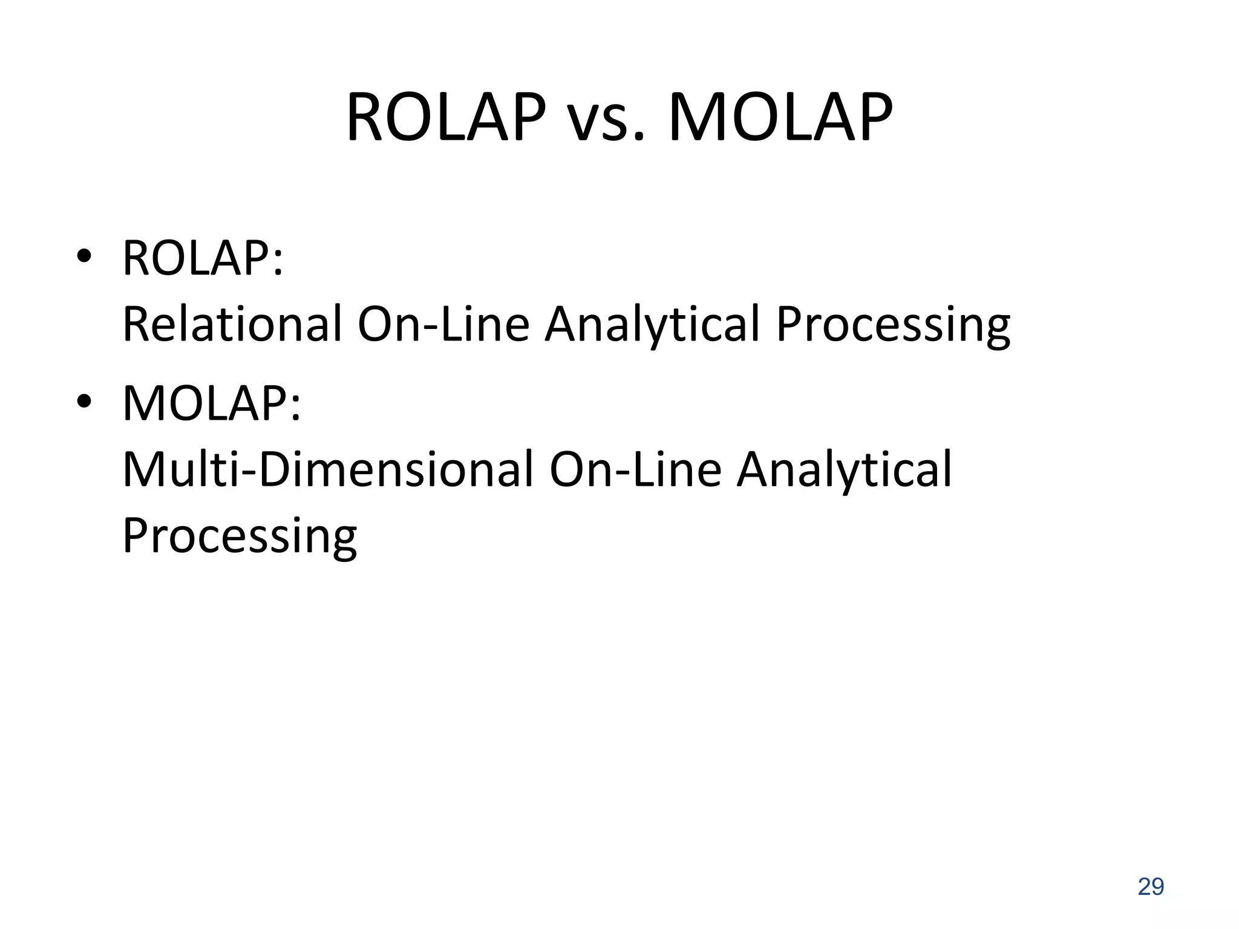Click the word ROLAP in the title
[446, 117]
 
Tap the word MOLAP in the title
[780, 117]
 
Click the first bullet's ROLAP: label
[203, 259]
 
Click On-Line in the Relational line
[443, 324]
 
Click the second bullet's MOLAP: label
[211, 404]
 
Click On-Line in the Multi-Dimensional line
[635, 469]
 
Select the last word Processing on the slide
[240, 537]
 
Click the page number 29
[1151, 887]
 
